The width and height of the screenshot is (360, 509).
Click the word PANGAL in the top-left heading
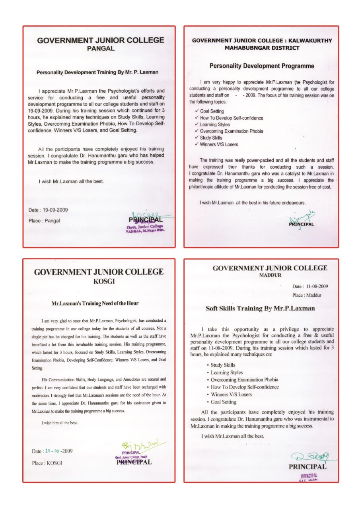[x=100, y=49]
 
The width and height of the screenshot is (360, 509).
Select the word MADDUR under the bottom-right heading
[x=270, y=275]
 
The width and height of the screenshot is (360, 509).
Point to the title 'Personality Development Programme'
[x=262, y=66]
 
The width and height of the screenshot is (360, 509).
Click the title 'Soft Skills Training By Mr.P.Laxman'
[x=260, y=308]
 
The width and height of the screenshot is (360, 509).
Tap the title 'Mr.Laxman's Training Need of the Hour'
[x=95, y=303]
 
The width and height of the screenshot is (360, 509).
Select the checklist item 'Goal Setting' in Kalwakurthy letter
[x=212, y=111]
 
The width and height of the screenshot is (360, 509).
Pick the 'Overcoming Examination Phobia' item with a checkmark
[x=231, y=131]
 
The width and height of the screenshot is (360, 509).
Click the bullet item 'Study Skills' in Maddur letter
[x=223, y=365]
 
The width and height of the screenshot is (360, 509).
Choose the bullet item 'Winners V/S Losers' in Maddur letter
[x=231, y=394]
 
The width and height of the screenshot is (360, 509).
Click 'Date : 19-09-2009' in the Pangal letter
[x=48, y=210]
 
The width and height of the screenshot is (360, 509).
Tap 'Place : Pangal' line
[x=44, y=221]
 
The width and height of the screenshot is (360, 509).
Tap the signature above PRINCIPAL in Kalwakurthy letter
[x=301, y=216]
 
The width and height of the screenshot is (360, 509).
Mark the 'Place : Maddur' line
[x=306, y=295]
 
